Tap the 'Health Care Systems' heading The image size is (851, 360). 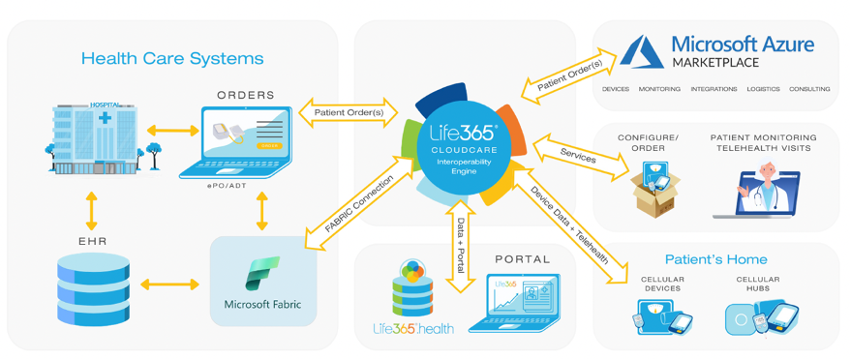coord(172,58)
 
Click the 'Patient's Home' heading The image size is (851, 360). coord(715,259)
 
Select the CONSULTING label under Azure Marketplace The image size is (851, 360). coord(808,89)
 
